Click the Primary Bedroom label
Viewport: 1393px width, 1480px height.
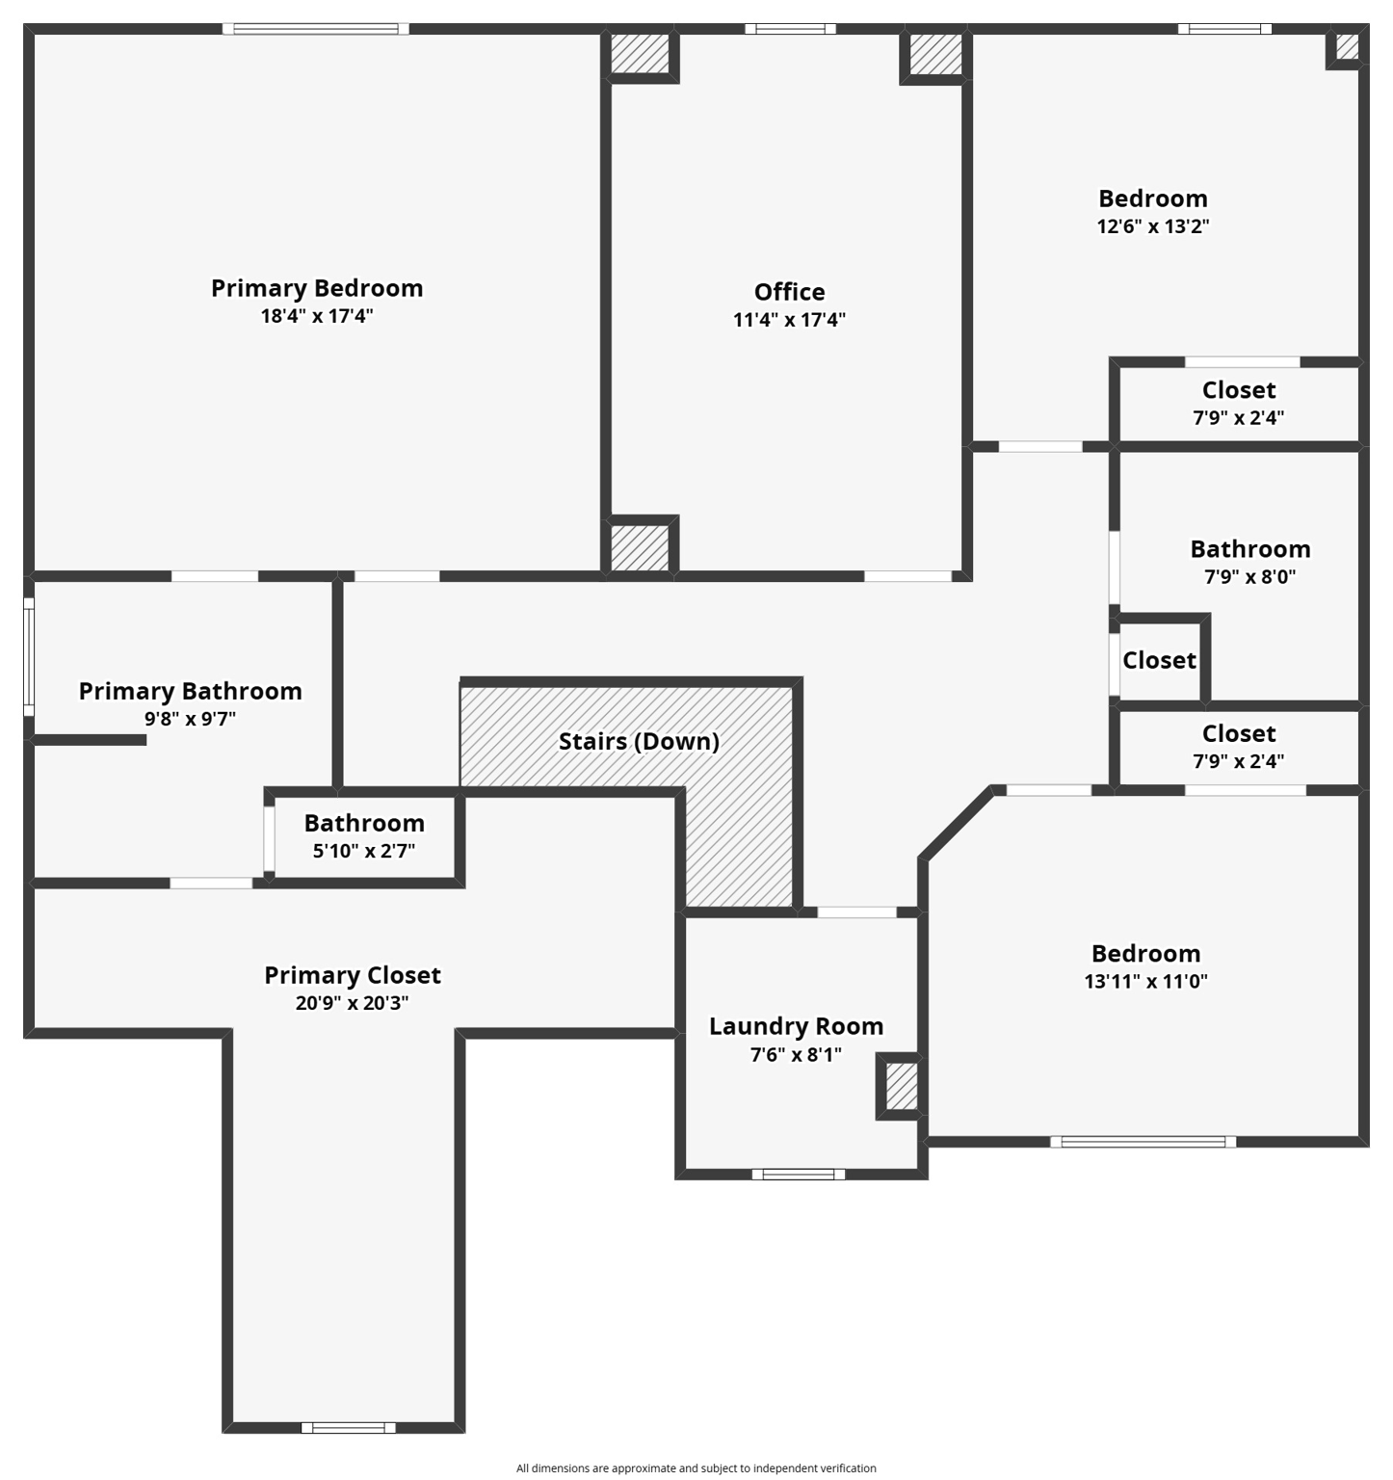[x=317, y=288]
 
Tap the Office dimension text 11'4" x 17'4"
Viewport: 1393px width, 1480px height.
[x=789, y=320]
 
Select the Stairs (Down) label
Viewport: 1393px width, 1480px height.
[x=639, y=741]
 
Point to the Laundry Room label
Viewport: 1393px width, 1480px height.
[x=796, y=1026]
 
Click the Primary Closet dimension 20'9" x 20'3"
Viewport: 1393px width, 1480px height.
[x=352, y=1003]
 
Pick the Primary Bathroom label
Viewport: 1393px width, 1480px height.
[x=190, y=691]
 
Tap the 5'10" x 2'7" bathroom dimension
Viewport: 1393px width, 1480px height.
[x=364, y=851]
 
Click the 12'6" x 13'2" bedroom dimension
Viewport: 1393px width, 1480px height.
[x=1153, y=226]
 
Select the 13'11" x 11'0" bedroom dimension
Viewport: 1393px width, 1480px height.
[x=1145, y=981]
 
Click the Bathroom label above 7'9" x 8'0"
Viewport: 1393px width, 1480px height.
[x=1249, y=549]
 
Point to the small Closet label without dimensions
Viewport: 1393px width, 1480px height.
[x=1159, y=660]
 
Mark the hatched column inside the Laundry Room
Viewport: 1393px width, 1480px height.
[x=901, y=1086]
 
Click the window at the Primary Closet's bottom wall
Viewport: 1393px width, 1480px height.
[x=348, y=1428]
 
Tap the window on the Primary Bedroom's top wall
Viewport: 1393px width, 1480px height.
[x=316, y=29]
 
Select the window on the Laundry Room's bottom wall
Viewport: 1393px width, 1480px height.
[x=798, y=1174]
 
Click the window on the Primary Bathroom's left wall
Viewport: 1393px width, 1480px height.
[x=29, y=657]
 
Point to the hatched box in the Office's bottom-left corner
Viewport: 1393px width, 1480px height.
[x=640, y=546]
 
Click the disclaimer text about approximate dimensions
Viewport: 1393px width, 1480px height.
[x=696, y=1468]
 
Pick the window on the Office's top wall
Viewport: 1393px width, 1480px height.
[x=790, y=29]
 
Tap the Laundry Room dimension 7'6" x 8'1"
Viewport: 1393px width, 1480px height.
[x=796, y=1054]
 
